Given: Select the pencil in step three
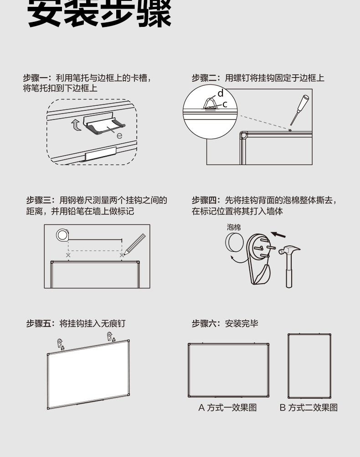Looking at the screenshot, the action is click(x=135, y=244).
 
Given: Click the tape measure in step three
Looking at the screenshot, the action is click(x=62, y=235).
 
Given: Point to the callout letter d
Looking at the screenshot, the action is click(x=220, y=93).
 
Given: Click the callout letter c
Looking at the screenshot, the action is click(x=225, y=104).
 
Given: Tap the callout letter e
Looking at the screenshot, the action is click(x=119, y=135).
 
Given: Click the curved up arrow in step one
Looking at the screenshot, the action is click(x=77, y=124).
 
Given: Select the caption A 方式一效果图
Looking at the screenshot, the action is click(x=227, y=407).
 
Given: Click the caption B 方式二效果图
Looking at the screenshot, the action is click(x=309, y=407).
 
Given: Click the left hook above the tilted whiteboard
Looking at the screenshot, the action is click(x=61, y=343).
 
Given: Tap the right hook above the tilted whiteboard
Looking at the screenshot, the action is click(x=110, y=338).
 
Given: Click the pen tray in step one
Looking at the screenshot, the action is click(x=104, y=125).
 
